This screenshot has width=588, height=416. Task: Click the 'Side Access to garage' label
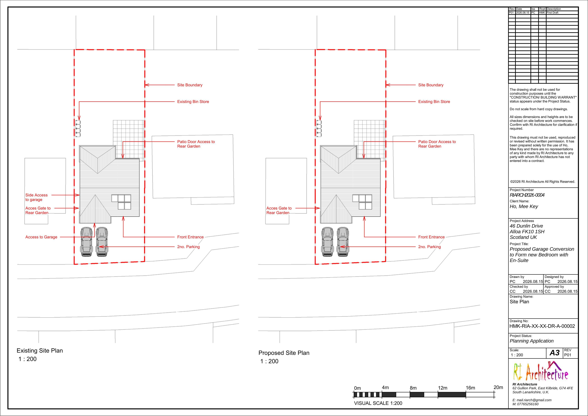click(36, 197)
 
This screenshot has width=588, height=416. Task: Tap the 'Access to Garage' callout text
click(41, 237)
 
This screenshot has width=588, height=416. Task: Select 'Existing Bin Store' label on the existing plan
click(193, 102)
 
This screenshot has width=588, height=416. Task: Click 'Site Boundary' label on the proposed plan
click(431, 85)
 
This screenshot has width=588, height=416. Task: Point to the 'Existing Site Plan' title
click(40, 351)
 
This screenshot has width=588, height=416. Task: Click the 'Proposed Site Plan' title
click(284, 353)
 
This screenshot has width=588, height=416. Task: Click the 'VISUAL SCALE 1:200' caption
click(378, 403)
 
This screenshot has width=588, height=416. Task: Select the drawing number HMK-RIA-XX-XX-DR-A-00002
click(542, 326)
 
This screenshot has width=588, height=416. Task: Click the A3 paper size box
click(554, 353)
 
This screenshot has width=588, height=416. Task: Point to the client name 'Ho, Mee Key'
click(524, 207)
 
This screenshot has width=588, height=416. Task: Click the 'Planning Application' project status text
click(531, 341)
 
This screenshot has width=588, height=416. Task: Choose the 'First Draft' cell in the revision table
click(552, 12)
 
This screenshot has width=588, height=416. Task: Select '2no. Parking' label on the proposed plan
click(430, 247)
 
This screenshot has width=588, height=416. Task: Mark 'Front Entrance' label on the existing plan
click(190, 237)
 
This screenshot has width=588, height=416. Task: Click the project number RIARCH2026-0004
click(527, 195)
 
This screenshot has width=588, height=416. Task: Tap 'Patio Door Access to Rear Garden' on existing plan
click(196, 144)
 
